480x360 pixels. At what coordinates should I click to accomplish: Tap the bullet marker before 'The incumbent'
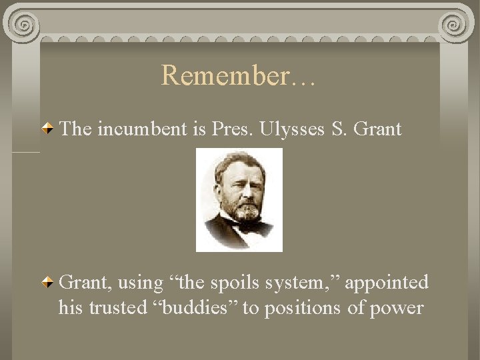49,128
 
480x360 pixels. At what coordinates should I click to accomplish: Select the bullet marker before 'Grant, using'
49,283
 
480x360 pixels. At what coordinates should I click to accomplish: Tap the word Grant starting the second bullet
85,283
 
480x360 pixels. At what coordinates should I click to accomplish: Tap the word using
140,283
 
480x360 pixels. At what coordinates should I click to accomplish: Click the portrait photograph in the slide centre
239,200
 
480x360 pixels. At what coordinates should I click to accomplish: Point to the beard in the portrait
247,212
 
